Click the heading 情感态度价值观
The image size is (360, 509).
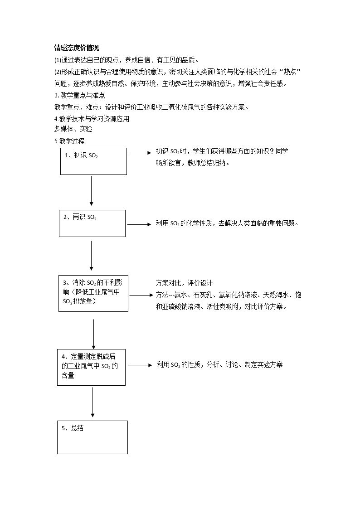click(77, 48)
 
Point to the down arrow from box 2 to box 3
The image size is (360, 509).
click(92, 256)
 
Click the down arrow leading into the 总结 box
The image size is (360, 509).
click(93, 402)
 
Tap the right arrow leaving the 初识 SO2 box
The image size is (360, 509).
click(139, 153)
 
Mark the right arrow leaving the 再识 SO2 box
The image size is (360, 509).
click(139, 224)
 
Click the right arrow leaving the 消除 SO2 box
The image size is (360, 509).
click(141, 295)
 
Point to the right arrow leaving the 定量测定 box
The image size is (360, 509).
click(140, 365)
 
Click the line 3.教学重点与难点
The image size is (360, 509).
click(79, 96)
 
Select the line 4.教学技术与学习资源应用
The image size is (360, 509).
click(92, 119)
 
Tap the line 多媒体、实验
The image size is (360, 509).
click(73, 129)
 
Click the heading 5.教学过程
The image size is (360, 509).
click(69, 141)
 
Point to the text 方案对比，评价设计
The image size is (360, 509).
click(184, 283)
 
